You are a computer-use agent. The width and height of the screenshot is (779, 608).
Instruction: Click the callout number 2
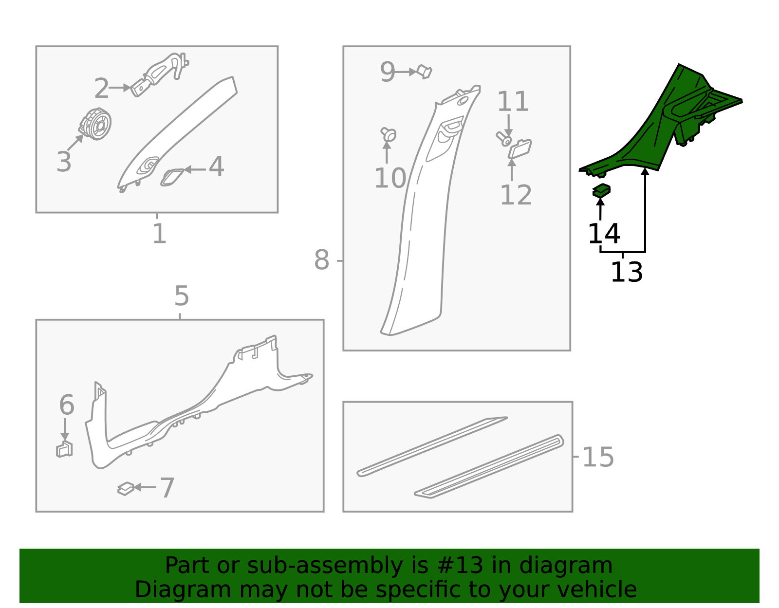[101, 89]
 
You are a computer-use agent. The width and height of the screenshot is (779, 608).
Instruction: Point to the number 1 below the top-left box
[159, 234]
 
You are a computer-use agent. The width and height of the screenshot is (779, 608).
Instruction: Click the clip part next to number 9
[425, 72]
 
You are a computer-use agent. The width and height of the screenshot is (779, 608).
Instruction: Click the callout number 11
[513, 102]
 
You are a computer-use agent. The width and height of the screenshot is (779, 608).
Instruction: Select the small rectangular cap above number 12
[519, 148]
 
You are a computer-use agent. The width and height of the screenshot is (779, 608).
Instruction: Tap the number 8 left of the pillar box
[321, 260]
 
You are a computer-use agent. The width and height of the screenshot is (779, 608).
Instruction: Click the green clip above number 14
[602, 190]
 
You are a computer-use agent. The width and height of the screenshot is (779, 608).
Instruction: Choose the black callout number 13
[626, 272]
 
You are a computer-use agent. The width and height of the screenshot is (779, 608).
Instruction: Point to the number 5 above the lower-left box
[181, 296]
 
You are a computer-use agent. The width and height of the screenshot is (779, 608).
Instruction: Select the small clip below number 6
[64, 449]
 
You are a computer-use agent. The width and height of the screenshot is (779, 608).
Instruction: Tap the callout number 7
[167, 488]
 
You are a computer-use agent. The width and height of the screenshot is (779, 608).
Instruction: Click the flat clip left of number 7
[126, 488]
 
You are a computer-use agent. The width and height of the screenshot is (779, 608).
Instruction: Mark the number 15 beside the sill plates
[598, 458]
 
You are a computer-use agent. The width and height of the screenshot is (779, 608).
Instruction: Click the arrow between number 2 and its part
[120, 88]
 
